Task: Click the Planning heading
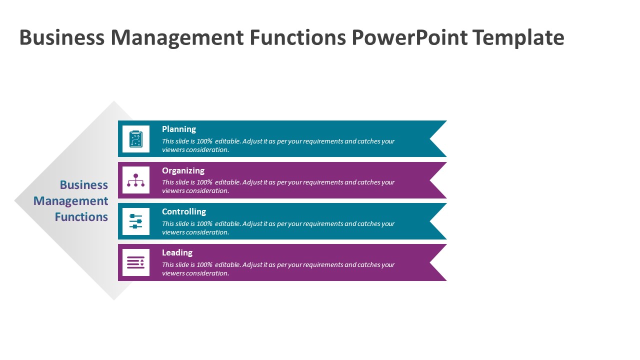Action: pos(179,129)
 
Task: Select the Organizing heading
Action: pos(183,170)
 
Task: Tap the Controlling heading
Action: pos(184,211)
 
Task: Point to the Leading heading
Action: pos(177,252)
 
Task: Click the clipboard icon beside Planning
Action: pos(135,139)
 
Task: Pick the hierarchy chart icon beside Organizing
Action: pos(135,180)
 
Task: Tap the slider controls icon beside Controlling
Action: pos(135,221)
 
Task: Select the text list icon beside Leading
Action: pos(135,262)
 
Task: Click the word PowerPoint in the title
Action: pos(409,37)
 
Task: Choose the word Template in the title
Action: pos(518,37)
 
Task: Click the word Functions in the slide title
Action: pos(297,37)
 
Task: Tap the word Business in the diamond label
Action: pos(83,185)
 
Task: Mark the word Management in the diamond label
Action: pos(71,201)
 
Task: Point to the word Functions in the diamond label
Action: pos(81,217)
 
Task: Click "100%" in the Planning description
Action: pos(204,141)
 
